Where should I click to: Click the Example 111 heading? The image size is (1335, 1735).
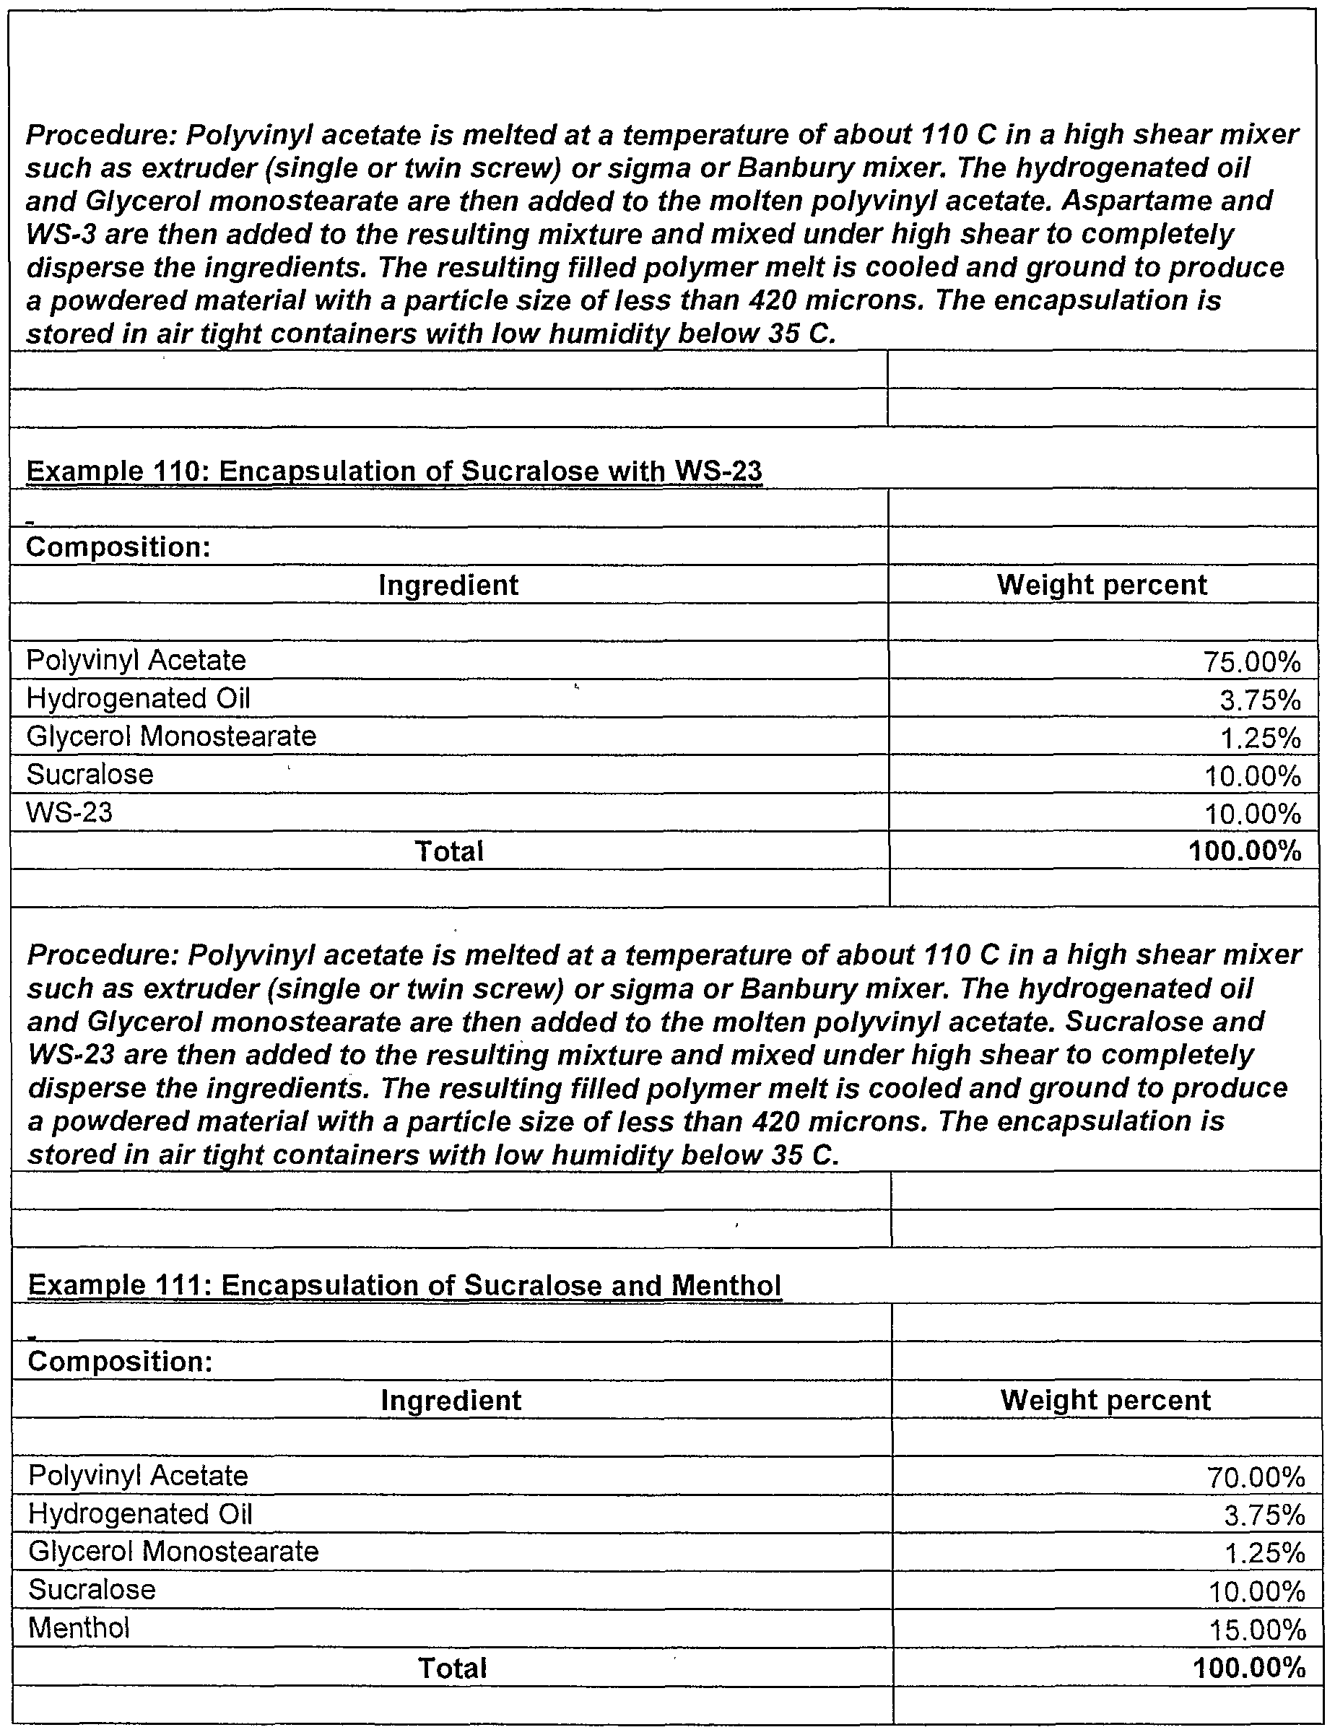point(404,1285)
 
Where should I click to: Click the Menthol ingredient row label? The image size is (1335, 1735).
point(79,1627)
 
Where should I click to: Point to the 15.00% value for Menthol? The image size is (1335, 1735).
point(1257,1630)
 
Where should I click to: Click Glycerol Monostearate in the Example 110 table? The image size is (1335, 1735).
point(171,736)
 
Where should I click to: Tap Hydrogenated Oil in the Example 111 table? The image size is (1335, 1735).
point(140,1513)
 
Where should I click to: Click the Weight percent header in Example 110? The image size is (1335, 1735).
point(1101,585)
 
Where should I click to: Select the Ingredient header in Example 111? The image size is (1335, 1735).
point(451,1400)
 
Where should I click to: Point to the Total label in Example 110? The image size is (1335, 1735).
point(449,851)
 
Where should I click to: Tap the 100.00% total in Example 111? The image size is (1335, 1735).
point(1248,1667)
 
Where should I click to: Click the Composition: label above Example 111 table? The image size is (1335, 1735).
point(120,1362)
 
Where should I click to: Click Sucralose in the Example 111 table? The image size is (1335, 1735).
point(92,1590)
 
